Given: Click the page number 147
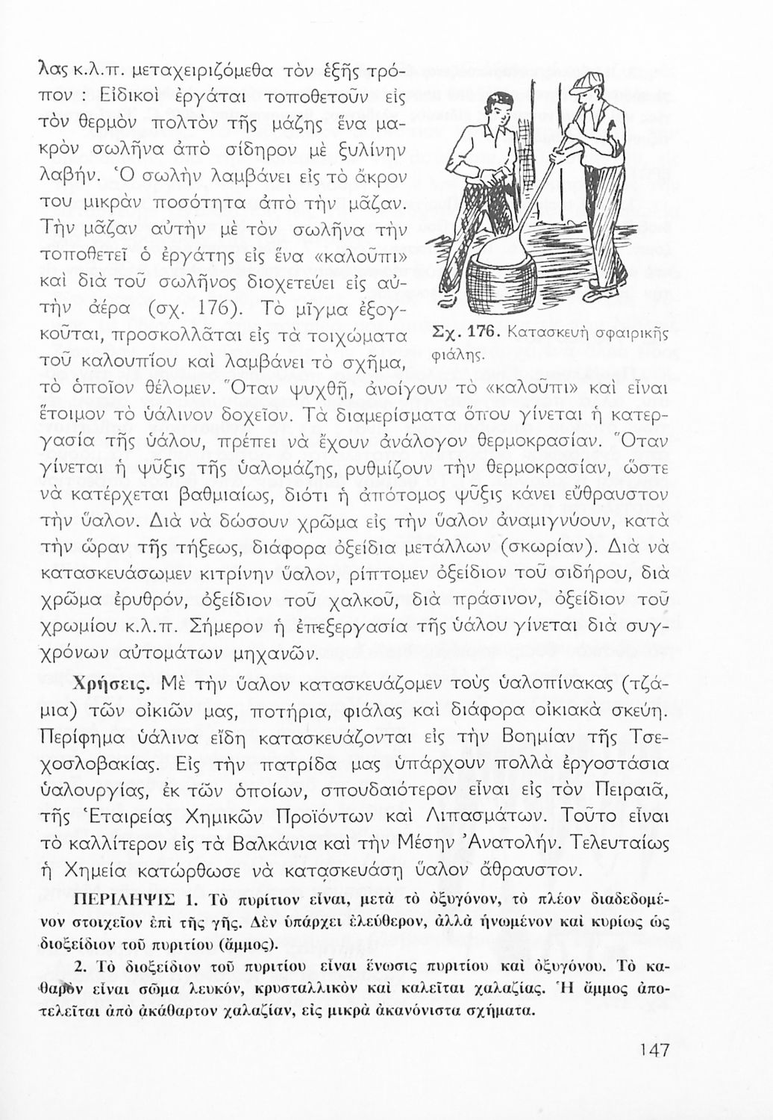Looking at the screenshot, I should (x=654, y=1049).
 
